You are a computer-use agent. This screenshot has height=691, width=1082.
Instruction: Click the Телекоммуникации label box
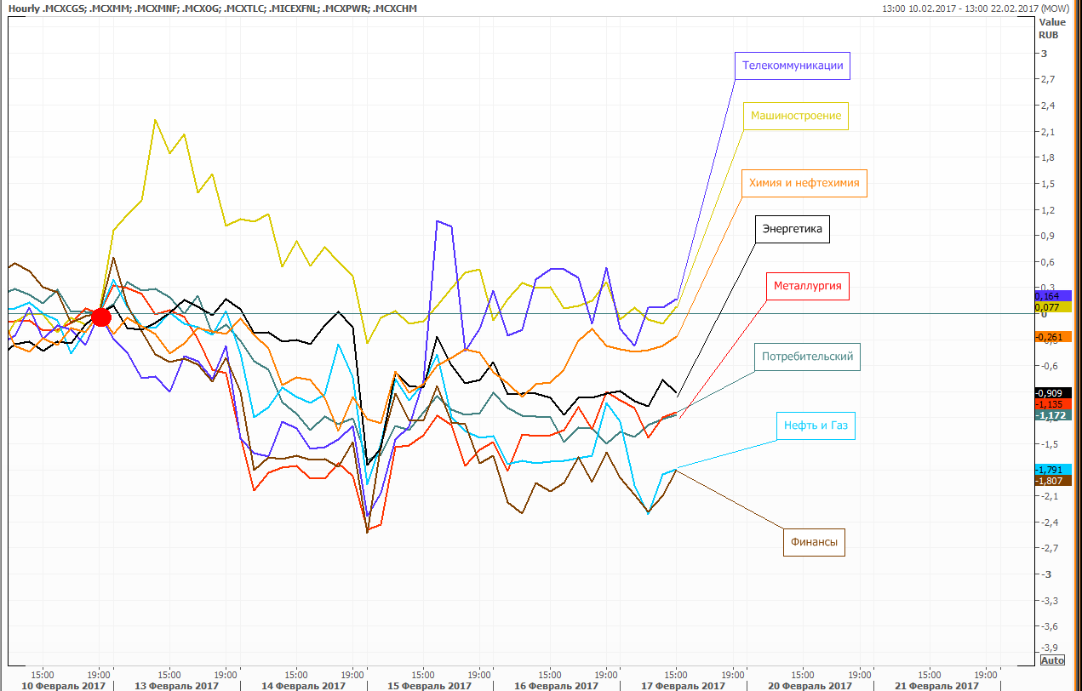pos(793,66)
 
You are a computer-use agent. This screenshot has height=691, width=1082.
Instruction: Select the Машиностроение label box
pos(796,116)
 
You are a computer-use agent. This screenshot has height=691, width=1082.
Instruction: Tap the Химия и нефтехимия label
pos(804,183)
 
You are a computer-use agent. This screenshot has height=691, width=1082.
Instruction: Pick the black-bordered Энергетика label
pos(793,229)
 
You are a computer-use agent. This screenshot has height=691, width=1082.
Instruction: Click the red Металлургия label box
pos(808,286)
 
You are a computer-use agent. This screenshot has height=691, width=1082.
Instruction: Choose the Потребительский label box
pos(807,357)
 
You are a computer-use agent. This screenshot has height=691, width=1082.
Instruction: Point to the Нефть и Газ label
pos(816,425)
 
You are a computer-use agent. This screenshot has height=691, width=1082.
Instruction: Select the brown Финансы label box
pos(814,542)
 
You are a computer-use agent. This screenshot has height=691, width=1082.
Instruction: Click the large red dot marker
pos(101,317)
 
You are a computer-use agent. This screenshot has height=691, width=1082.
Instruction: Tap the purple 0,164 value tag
pos(1053,295)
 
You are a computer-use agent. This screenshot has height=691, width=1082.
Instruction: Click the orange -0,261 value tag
pos(1053,337)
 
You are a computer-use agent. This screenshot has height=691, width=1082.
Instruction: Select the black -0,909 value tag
pos(1053,393)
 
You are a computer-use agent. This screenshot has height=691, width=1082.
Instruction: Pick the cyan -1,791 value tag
pos(1053,470)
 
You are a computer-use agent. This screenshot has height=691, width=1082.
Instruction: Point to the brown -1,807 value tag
pos(1053,481)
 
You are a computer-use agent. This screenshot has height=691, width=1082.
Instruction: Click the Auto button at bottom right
pos(1052,660)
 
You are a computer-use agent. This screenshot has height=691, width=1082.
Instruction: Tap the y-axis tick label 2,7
pos(1048,79)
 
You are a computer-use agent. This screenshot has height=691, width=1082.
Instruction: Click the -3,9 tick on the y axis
pos(1047,648)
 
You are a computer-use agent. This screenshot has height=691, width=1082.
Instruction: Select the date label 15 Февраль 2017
pos(429,686)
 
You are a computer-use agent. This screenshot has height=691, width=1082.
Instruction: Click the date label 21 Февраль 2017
pos(936,686)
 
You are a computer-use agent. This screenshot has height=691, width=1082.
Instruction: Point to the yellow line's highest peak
pos(155,120)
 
